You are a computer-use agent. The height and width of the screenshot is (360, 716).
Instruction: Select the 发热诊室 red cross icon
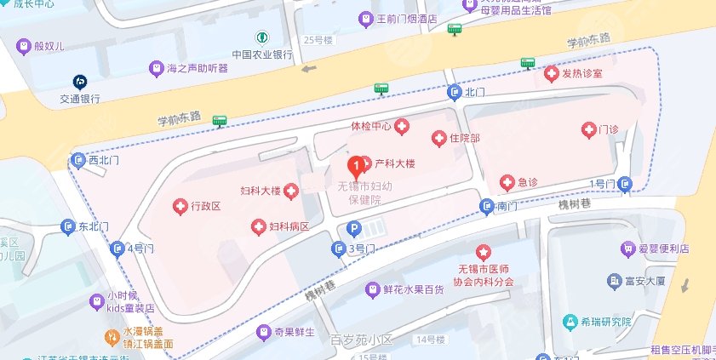tap(551, 74)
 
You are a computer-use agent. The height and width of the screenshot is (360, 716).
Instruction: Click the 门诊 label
tap(608, 129)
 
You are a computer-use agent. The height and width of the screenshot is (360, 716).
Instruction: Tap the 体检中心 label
tap(370, 126)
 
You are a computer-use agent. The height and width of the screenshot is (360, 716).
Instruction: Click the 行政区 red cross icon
tap(180, 206)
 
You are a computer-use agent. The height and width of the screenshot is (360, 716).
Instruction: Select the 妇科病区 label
tap(289, 226)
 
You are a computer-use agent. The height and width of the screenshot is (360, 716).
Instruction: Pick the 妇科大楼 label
tap(261, 191)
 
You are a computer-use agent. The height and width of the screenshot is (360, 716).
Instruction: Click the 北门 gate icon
tap(455, 91)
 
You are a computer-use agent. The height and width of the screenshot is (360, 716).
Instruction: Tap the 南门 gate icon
tap(486, 205)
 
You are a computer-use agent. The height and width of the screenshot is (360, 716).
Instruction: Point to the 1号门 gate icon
tap(627, 183)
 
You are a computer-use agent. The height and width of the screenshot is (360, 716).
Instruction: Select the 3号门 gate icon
tap(338, 249)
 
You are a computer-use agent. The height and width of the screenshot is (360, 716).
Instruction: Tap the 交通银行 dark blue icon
tap(80, 81)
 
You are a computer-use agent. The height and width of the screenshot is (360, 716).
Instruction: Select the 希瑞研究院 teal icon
tap(570, 322)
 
